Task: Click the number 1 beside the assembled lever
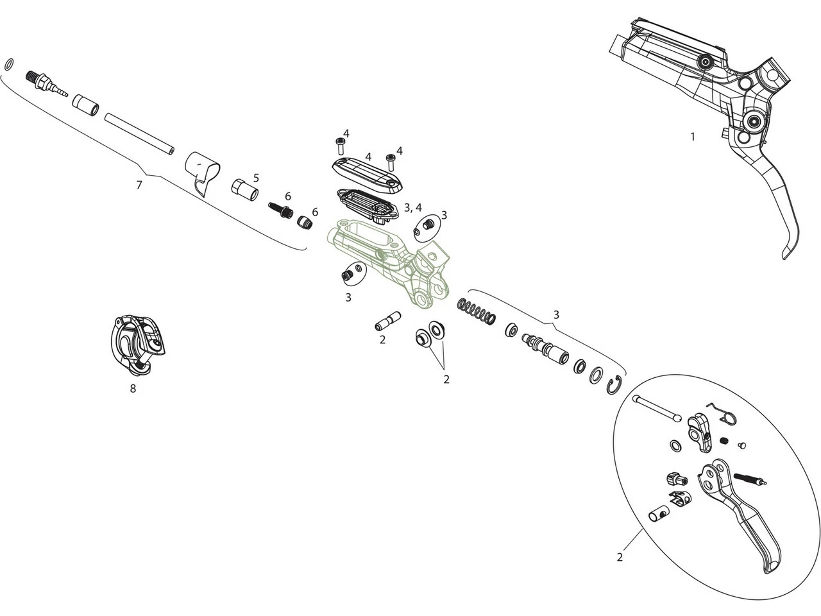coord(692,136)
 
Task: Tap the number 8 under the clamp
coord(133,388)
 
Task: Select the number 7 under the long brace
coord(139,185)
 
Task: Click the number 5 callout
coord(256,177)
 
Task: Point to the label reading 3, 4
coord(413,207)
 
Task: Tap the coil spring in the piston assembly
coord(477,310)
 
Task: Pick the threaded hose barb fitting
coord(46,83)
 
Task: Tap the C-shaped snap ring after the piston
coord(614,384)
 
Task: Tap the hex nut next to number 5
coord(244,189)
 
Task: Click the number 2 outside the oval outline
coord(620,557)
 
